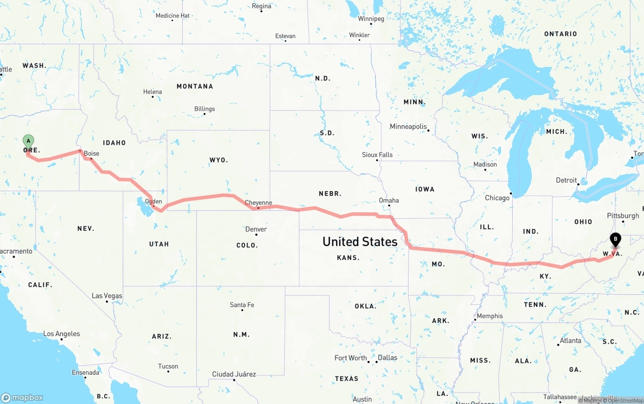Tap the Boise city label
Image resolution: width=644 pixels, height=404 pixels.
(92, 153)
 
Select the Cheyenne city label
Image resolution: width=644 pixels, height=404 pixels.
(259, 203)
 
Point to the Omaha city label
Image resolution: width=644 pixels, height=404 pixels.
(389, 201)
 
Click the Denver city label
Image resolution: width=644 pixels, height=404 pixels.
(256, 229)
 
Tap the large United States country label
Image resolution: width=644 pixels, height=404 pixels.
(360, 242)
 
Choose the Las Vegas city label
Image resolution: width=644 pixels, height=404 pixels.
(107, 296)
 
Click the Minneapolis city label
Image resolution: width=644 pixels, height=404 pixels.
(408, 127)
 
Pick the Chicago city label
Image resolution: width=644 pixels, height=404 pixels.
(497, 198)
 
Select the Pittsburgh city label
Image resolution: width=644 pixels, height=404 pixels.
(623, 216)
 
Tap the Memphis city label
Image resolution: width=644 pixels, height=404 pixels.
(490, 316)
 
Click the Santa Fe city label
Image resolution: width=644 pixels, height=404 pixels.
(242, 305)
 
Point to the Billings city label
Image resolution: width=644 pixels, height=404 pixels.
(204, 109)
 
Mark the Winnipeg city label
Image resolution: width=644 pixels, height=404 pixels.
(371, 19)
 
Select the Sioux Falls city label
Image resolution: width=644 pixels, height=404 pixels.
(377, 155)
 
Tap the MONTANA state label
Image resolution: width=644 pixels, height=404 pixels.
(195, 87)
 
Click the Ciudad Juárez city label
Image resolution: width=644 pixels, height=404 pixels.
(234, 374)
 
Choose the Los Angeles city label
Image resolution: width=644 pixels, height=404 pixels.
(61, 334)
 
